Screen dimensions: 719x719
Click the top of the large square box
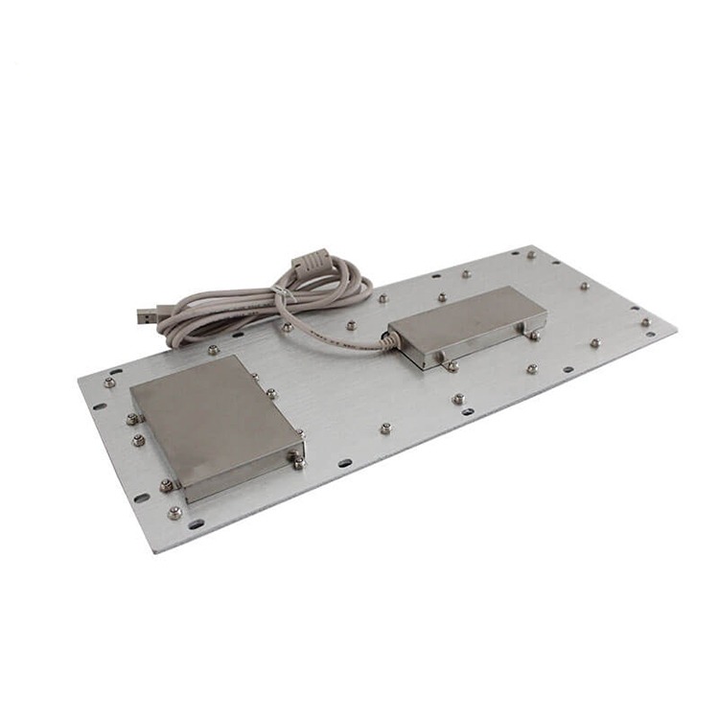point(210,412)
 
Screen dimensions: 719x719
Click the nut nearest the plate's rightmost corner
point(645,322)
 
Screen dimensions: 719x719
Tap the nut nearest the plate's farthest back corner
point(531,255)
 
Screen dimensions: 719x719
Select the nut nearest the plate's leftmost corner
point(109,383)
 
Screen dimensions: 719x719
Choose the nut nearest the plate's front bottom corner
point(174,513)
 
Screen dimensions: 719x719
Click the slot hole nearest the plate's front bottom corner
point(196,524)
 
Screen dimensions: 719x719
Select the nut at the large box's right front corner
point(299,463)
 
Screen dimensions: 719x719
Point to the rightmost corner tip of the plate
point(677,329)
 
